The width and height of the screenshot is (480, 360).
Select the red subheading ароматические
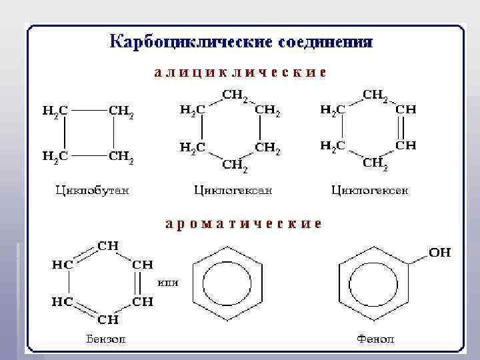(243, 223)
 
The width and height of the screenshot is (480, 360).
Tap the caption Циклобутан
(92, 191)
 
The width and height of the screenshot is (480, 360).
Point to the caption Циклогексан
(233, 191)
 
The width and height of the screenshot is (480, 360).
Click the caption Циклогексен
(370, 191)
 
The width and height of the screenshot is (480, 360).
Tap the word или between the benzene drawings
(167, 282)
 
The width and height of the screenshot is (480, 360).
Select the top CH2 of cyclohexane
(234, 95)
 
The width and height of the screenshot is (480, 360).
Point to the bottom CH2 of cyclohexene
(375, 161)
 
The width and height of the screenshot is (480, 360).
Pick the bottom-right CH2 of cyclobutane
(121, 157)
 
